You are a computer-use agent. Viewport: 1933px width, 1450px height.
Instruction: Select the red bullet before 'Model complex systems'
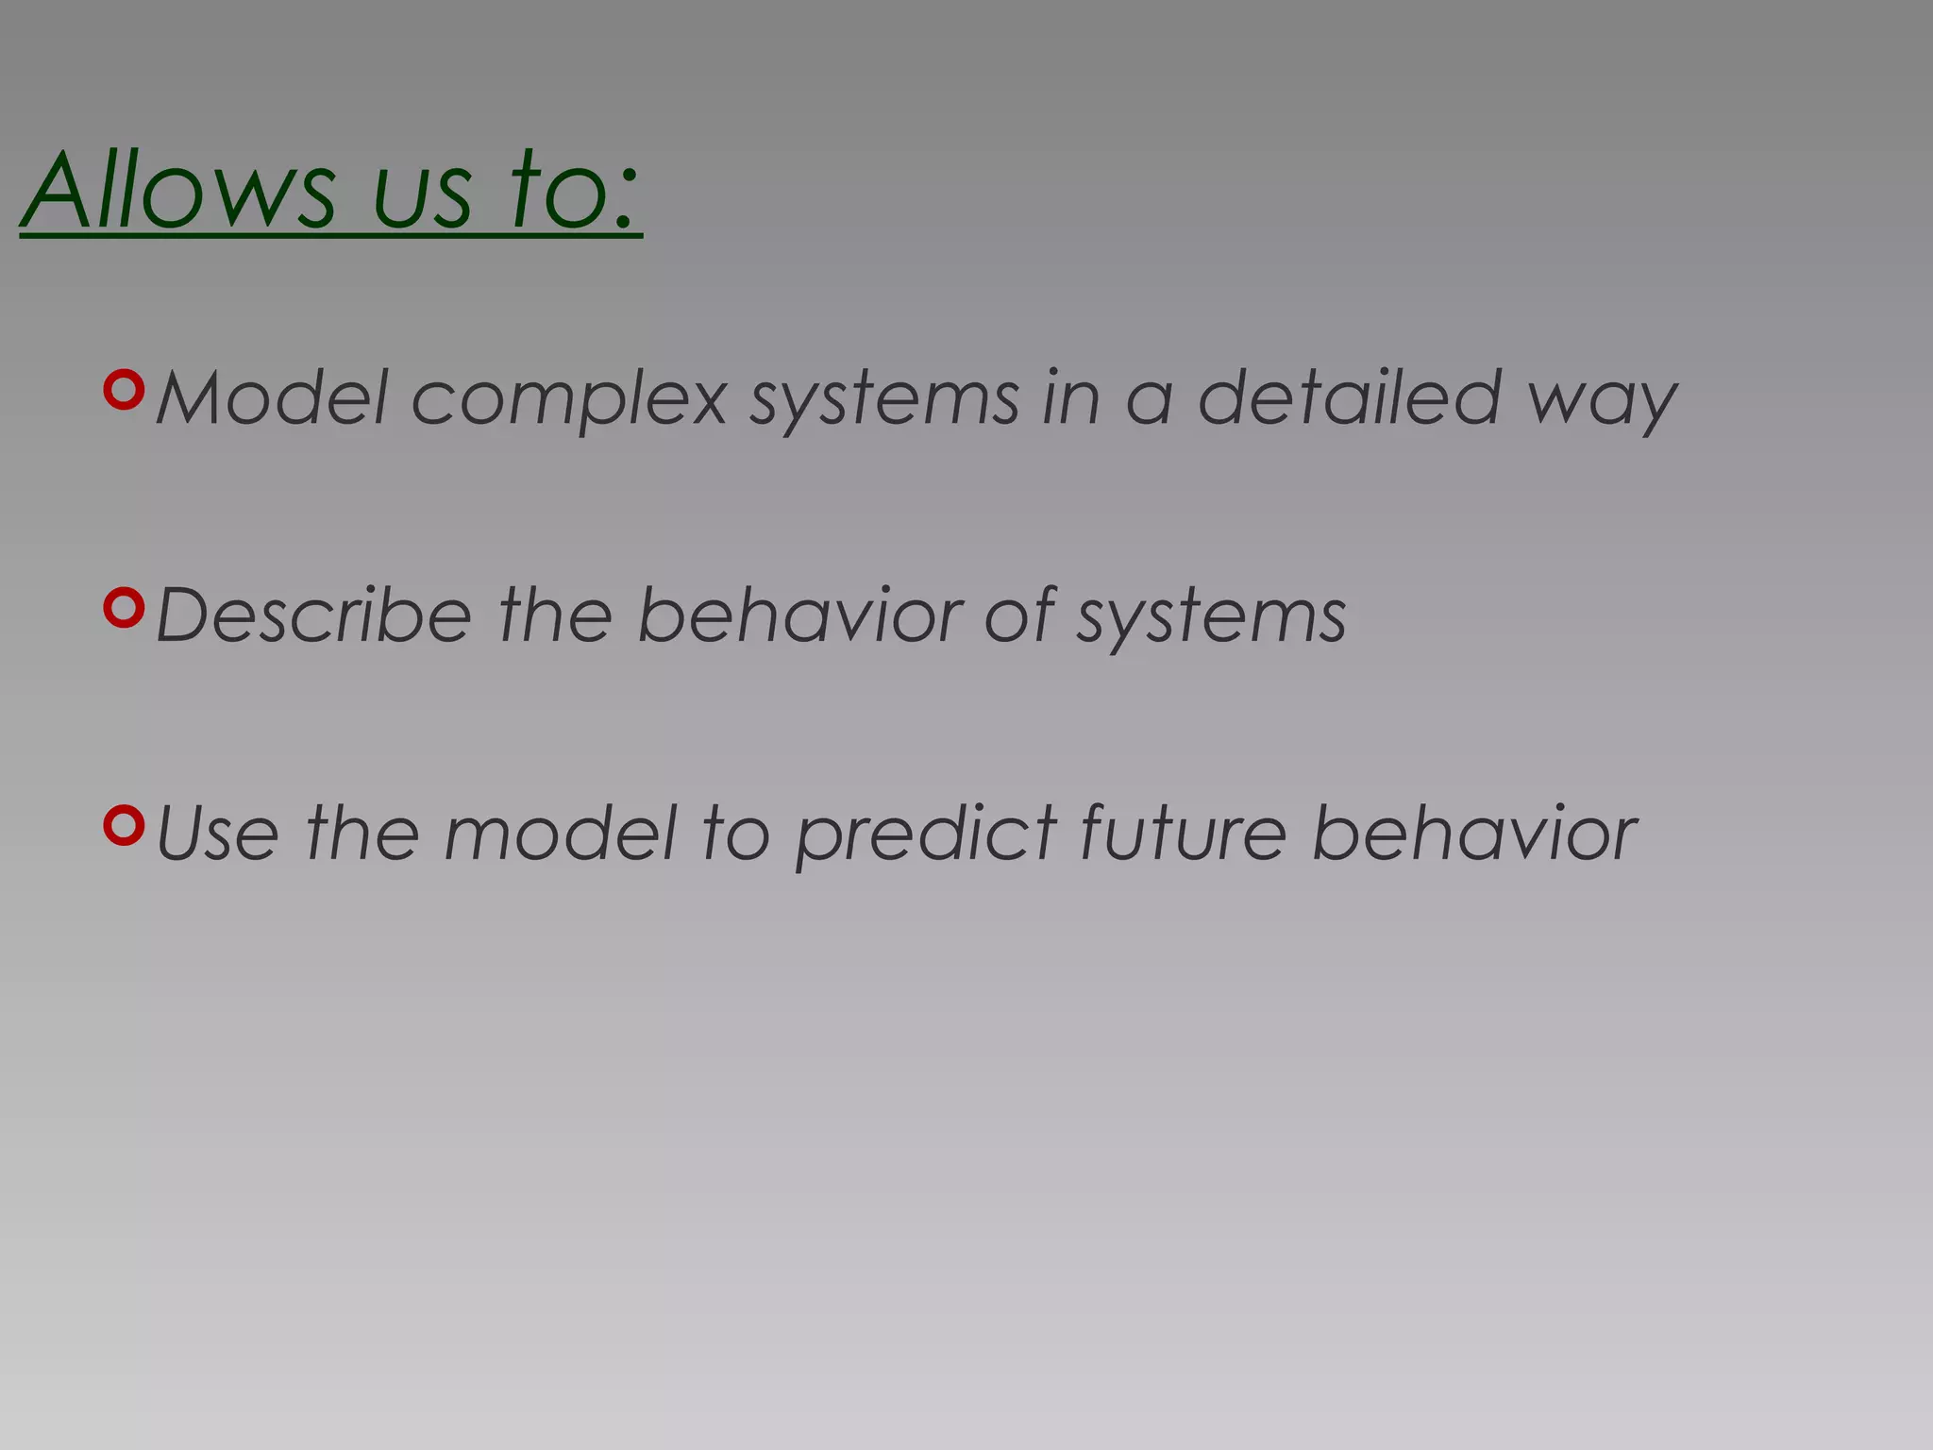[x=124, y=390]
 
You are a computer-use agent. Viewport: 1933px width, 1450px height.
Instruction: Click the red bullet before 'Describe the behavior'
[x=124, y=608]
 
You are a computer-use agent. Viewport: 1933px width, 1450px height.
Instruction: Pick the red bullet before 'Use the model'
[x=124, y=826]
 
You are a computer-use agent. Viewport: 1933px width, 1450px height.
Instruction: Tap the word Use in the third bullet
[x=218, y=834]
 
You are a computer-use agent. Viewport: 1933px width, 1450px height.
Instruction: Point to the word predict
[x=926, y=835]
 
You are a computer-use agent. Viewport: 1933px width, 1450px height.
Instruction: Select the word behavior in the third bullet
[x=1475, y=834]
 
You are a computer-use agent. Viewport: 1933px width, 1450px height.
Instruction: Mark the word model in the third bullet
[x=561, y=834]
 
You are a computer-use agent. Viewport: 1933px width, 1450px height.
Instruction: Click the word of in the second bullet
[x=1019, y=615]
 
